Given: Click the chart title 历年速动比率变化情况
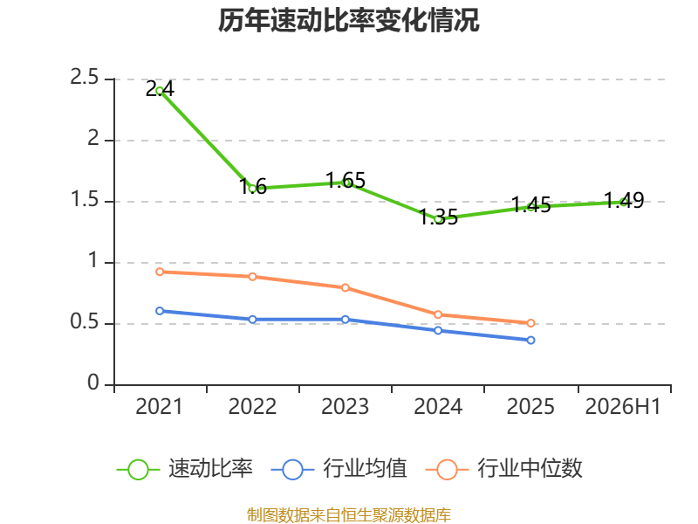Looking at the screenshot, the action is coord(348,20).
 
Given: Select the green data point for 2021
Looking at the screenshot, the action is coord(160,91).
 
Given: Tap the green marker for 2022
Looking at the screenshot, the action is coord(252,189).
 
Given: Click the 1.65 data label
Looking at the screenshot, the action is coord(346,181).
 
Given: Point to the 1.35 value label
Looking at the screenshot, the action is coord(439,217).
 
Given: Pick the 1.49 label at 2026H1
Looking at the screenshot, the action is coord(624,201).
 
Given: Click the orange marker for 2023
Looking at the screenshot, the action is coord(345,288).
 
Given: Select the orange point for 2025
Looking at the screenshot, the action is coord(530,323).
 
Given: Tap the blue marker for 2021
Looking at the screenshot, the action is coord(160,311).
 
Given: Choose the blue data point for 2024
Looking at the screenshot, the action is coord(438,331).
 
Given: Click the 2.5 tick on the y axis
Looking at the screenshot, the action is coord(84,78).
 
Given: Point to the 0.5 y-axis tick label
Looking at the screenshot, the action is coord(84,321).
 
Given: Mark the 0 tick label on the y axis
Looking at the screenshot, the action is coord(93,383).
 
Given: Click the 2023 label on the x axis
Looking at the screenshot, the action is coord(345,407).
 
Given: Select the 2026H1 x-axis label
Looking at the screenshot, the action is coord(623,407).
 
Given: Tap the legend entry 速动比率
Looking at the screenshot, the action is coord(185,469).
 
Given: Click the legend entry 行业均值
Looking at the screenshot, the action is coord(339,469).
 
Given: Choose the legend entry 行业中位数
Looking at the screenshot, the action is coord(504,469).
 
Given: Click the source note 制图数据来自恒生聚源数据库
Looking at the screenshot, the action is coord(349,515).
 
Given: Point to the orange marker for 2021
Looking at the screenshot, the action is coord(160,272).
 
